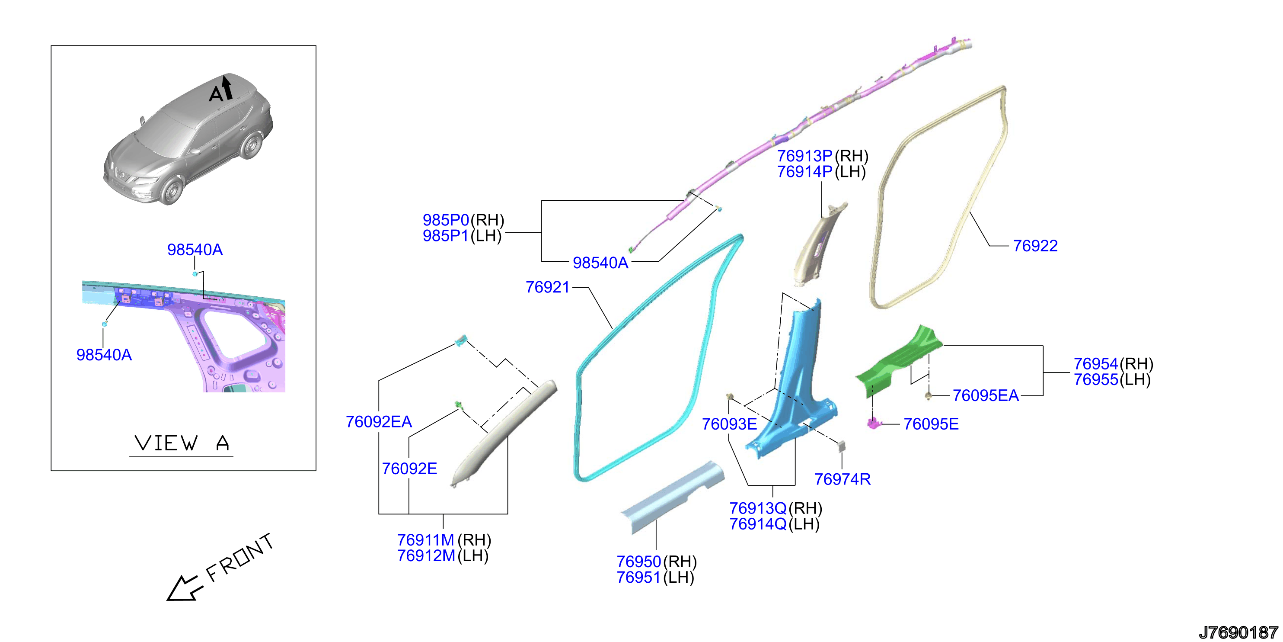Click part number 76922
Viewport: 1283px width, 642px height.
tap(1035, 246)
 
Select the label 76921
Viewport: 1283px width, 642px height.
tap(547, 287)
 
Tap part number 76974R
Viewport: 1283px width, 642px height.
tap(842, 479)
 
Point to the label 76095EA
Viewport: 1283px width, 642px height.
tap(986, 395)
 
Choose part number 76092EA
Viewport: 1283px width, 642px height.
tap(379, 422)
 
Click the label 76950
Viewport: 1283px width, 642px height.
tap(638, 562)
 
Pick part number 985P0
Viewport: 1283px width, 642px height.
tap(446, 220)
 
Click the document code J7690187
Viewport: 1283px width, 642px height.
tap(1238, 632)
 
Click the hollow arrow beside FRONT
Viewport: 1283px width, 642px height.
tap(184, 589)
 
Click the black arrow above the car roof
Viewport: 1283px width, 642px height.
tap(227, 87)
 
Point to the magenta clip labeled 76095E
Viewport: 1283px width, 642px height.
tap(873, 423)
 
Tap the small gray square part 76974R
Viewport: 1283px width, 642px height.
tap(842, 446)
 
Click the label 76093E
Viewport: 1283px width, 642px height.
tap(730, 424)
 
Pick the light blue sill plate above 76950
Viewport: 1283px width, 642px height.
tap(672, 498)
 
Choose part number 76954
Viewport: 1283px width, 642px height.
tap(1096, 364)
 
